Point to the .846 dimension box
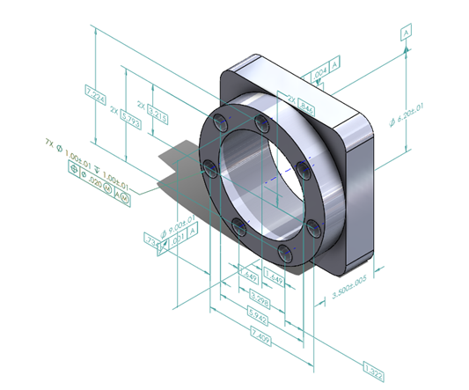[307, 104]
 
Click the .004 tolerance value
[319, 67]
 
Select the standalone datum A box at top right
[406, 32]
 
